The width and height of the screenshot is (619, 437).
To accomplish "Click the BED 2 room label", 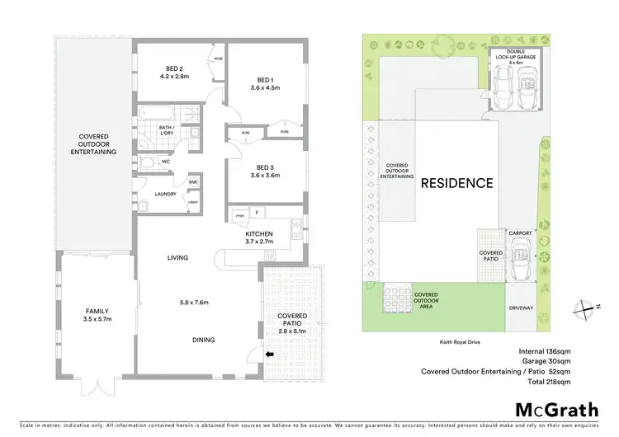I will pyautogui.click(x=173, y=68).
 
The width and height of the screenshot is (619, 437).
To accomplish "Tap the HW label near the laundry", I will pyautogui.click(x=193, y=182).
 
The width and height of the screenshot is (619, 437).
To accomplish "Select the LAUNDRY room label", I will pyautogui.click(x=167, y=195).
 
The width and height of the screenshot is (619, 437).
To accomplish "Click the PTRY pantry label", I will pyautogui.click(x=241, y=216).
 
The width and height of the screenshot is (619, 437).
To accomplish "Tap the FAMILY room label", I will pyautogui.click(x=97, y=311).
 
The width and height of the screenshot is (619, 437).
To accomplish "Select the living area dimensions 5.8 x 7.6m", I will pyautogui.click(x=195, y=302).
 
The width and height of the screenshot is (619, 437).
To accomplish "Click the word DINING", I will pyautogui.click(x=204, y=339).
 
